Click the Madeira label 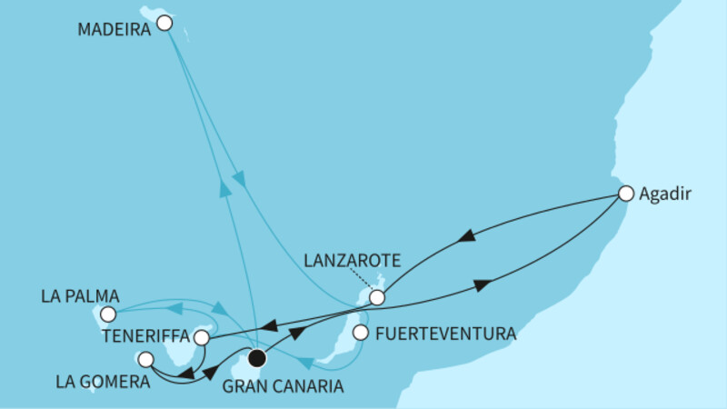coord(115,30)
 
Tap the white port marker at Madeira coord(164,23)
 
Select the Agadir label coord(664,194)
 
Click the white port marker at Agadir coord(625,193)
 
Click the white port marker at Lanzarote coord(377,297)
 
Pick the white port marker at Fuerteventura coord(362,333)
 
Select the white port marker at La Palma coord(108,314)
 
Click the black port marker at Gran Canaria coord(257,357)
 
